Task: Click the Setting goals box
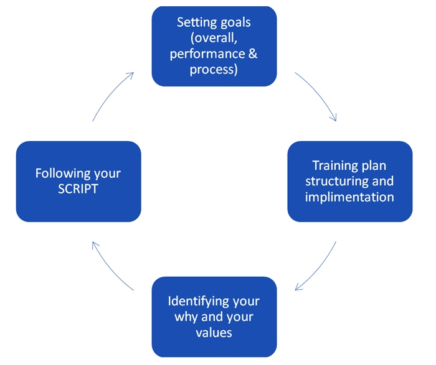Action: tap(214, 46)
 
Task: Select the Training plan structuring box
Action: tap(349, 181)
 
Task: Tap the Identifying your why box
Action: tap(214, 316)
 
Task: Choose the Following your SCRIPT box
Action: tap(78, 181)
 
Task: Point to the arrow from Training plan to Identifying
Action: tap(318, 268)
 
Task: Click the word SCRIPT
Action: tap(78, 189)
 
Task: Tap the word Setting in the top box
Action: tap(196, 22)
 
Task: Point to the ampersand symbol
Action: tap(252, 53)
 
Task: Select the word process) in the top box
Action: tap(214, 69)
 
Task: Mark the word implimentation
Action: tap(349, 197)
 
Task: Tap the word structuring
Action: tap(333, 182)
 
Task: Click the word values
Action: tap(214, 332)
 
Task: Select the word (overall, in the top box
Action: tap(214, 38)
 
